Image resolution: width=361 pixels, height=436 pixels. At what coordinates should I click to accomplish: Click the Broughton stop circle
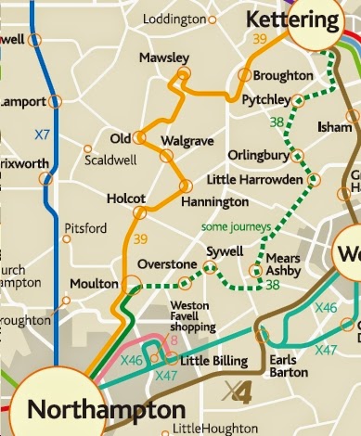[x=246, y=75]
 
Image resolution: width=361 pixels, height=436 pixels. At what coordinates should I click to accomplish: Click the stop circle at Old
[x=139, y=138]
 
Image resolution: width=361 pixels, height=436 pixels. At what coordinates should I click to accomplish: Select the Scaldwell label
[x=111, y=159]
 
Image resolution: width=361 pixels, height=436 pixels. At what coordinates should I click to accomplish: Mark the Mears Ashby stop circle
[x=255, y=271]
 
